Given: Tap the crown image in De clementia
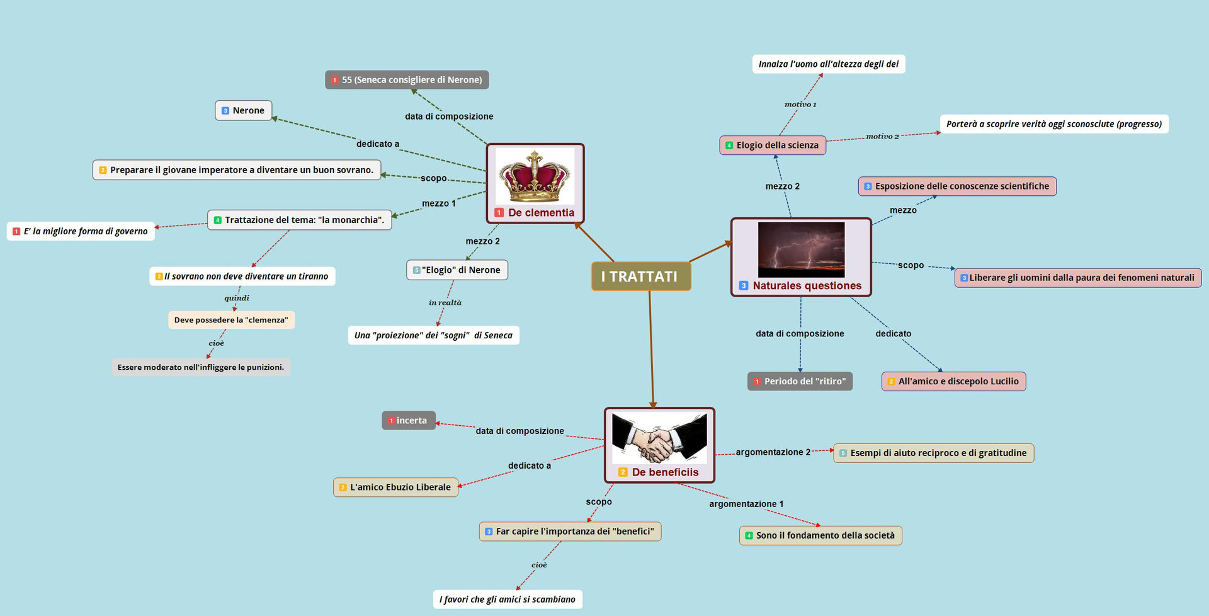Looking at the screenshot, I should pyautogui.click(x=535, y=176).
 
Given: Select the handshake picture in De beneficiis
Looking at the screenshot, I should pyautogui.click(x=659, y=438).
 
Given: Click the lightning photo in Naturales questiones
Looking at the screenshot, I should pyautogui.click(x=801, y=249).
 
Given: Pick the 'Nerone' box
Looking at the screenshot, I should pyautogui.click(x=244, y=110).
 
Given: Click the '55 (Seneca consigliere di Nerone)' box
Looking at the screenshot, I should pyautogui.click(x=407, y=80).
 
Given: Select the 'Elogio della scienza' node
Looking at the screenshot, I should pyautogui.click(x=773, y=145).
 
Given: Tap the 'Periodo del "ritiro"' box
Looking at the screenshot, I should pyautogui.click(x=800, y=381).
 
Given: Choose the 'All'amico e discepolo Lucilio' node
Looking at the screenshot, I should pyautogui.click(x=953, y=381).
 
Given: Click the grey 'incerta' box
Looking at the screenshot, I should pyautogui.click(x=409, y=421).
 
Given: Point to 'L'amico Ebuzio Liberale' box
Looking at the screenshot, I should pyautogui.click(x=395, y=487).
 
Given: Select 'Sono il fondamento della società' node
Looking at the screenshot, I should pyautogui.click(x=820, y=535).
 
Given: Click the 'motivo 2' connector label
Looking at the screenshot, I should pyautogui.click(x=882, y=137).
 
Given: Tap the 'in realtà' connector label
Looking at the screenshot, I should pyautogui.click(x=445, y=303).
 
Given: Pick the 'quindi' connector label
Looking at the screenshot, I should pyautogui.click(x=237, y=299).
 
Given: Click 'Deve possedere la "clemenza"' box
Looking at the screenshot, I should pyautogui.click(x=231, y=320).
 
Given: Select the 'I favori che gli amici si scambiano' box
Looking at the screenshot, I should pyautogui.click(x=507, y=599).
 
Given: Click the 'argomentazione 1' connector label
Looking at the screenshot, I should pyautogui.click(x=746, y=504).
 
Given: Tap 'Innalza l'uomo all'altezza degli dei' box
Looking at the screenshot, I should pyautogui.click(x=828, y=64).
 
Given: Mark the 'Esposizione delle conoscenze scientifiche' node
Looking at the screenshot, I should pyautogui.click(x=957, y=186).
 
